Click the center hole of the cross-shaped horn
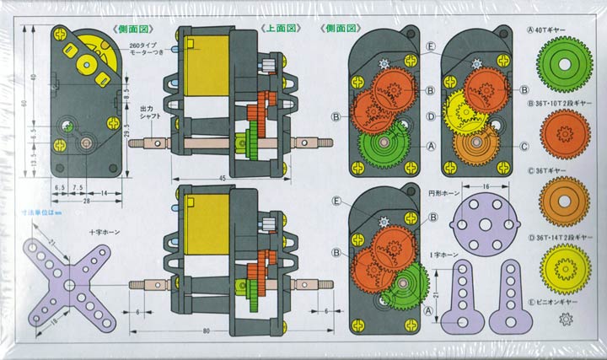click(x=68, y=282)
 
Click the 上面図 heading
click(x=279, y=27)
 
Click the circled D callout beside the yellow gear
click(x=430, y=116)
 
